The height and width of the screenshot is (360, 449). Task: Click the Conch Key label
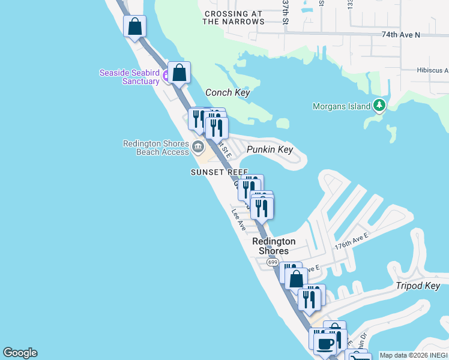[x=227, y=93]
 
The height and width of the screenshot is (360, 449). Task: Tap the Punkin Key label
[x=270, y=149]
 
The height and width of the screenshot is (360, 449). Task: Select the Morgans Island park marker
[x=379, y=106]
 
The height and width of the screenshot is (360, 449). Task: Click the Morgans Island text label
[x=342, y=107]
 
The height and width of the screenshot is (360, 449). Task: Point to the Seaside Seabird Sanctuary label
[x=129, y=77]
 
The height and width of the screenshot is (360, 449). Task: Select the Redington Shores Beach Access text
[x=155, y=148]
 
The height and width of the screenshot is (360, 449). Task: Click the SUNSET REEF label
[x=219, y=172]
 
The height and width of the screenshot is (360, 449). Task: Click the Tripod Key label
[x=418, y=286]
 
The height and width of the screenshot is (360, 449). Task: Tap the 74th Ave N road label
[x=400, y=35]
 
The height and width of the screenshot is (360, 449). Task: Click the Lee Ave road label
[x=239, y=220]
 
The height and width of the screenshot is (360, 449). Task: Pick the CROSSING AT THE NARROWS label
[x=234, y=17]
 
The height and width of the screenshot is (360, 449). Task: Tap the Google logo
[x=20, y=353]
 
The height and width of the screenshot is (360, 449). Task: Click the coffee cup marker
[x=325, y=344]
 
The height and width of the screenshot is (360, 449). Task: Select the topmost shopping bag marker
[x=134, y=26]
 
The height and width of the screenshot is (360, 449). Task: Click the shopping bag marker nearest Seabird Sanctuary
[x=179, y=73]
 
